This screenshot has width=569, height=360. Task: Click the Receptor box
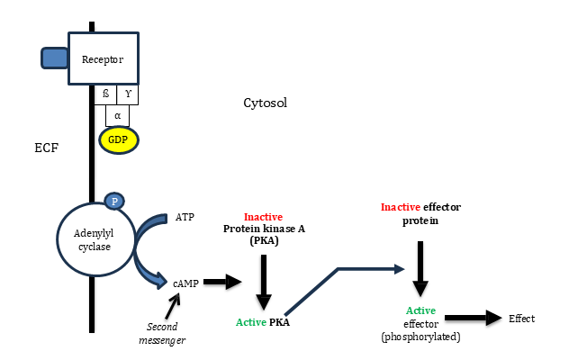click(103, 59)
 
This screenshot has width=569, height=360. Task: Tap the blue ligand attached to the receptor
click(54, 58)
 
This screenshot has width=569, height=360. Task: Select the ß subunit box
click(107, 94)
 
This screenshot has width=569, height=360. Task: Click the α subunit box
click(118, 115)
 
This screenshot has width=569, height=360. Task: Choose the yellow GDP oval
click(119, 139)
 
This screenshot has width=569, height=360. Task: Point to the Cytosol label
click(266, 103)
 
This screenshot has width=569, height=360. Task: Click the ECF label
click(46, 147)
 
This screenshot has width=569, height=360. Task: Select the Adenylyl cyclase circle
click(90, 239)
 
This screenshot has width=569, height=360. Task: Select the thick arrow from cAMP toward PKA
click(222, 282)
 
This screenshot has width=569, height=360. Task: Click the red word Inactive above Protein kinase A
click(264, 217)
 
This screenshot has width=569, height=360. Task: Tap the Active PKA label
click(263, 321)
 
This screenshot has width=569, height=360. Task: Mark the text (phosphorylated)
click(420, 337)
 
